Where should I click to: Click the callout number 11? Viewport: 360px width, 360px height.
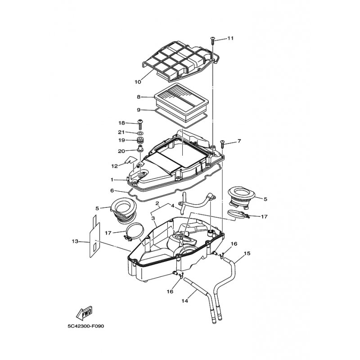point(230,38)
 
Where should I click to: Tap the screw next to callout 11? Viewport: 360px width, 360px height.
point(212,40)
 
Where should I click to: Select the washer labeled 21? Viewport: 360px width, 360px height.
point(140,134)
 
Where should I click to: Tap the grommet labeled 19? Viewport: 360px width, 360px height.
point(140,142)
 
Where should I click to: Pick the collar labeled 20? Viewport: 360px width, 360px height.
point(140,150)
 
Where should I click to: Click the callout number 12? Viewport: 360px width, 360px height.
point(114,166)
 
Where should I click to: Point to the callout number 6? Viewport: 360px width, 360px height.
point(112,190)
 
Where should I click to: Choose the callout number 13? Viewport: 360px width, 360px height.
point(75,242)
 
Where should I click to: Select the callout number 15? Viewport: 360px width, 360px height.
point(247,253)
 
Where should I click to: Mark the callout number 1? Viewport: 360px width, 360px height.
point(112,180)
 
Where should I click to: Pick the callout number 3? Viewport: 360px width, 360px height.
point(153,218)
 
